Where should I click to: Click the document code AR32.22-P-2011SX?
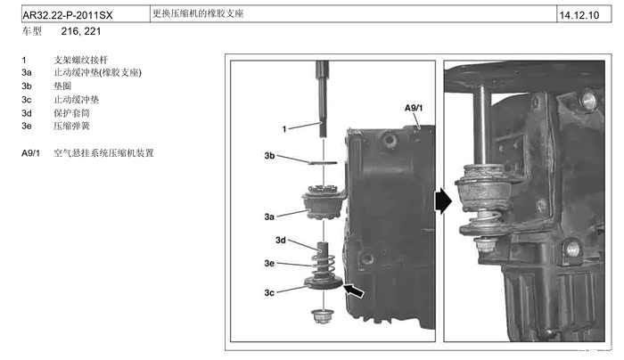pyautogui.click(x=68, y=15)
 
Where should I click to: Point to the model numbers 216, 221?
pyautogui.click(x=80, y=31)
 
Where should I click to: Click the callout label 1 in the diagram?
pyautogui.click(x=284, y=129)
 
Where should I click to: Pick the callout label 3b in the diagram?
pyautogui.click(x=270, y=155)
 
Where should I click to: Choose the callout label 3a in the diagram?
pyautogui.click(x=269, y=216)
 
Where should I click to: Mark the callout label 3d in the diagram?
pyautogui.click(x=279, y=240)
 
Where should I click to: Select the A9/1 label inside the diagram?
pyautogui.click(x=414, y=108)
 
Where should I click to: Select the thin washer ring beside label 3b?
pyautogui.click(x=321, y=164)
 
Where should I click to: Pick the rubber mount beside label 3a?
pyautogui.click(x=323, y=201)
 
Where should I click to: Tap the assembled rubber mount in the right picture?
pyautogui.click(x=482, y=188)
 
